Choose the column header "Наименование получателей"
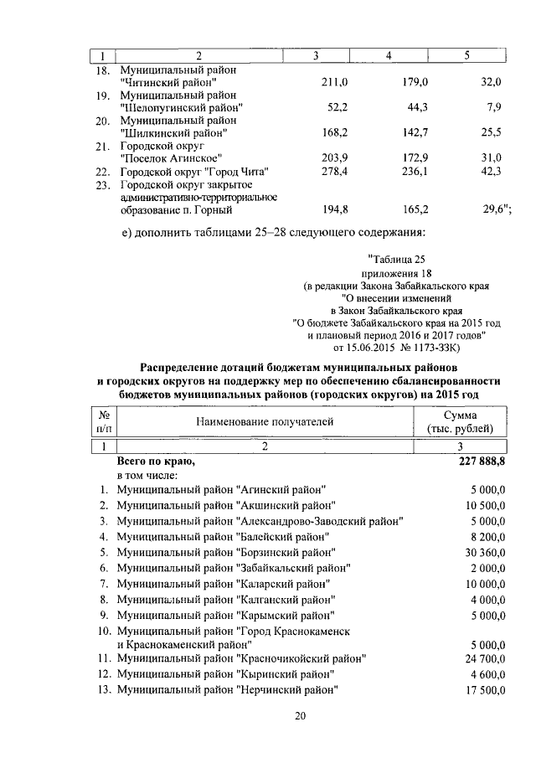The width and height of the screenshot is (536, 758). (265, 421)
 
